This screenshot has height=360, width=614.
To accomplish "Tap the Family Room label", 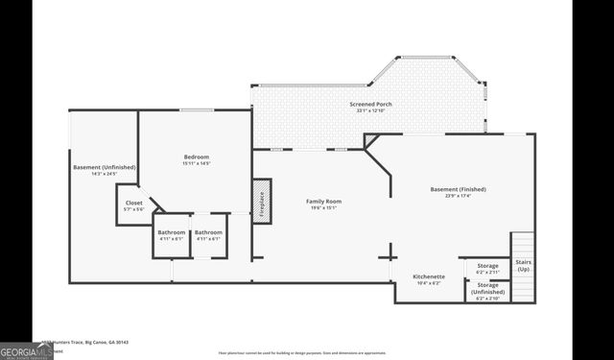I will [x=324, y=201].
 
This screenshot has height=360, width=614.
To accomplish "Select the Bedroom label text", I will [x=197, y=156].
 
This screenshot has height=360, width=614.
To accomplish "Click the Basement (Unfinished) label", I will [x=105, y=167].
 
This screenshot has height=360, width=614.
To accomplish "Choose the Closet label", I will [x=134, y=203].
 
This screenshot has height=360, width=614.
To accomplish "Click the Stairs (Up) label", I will [x=523, y=265].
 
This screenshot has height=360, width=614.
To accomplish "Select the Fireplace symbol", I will [x=259, y=202].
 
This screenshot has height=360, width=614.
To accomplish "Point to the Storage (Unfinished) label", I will [x=488, y=285].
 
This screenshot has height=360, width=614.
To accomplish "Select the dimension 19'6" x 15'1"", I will [x=324, y=207].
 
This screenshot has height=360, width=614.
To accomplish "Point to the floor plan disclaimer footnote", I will [x=302, y=353].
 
